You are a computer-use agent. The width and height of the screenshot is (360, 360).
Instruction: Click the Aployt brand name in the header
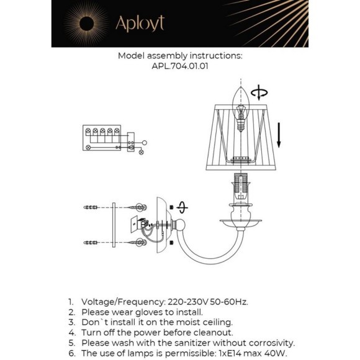point(140,23)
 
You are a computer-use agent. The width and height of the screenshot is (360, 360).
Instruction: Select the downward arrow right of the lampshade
point(280,134)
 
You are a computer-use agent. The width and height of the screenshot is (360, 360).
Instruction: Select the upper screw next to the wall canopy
point(138,207)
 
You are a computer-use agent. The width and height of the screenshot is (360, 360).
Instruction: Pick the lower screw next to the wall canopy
point(138,241)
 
